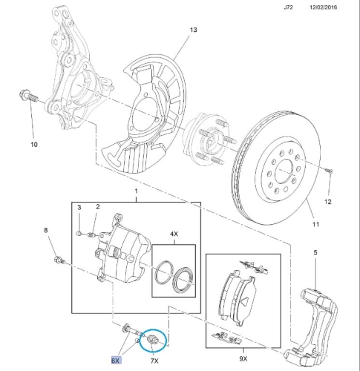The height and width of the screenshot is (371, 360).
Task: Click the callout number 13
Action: [x=194, y=30]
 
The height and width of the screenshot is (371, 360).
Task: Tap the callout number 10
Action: [x=34, y=145]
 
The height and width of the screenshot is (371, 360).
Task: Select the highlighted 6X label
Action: [x=116, y=361]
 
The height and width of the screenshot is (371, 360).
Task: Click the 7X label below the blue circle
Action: [x=154, y=361]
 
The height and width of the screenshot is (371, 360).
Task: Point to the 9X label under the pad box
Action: [x=243, y=358]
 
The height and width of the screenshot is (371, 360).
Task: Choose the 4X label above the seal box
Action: [x=174, y=234]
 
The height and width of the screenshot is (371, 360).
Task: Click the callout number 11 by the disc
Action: [x=315, y=224]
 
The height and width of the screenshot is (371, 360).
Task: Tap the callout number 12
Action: [x=327, y=202]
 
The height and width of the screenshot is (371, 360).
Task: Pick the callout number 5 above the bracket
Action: [x=315, y=252]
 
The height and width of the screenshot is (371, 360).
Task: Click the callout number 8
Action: [x=46, y=230]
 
